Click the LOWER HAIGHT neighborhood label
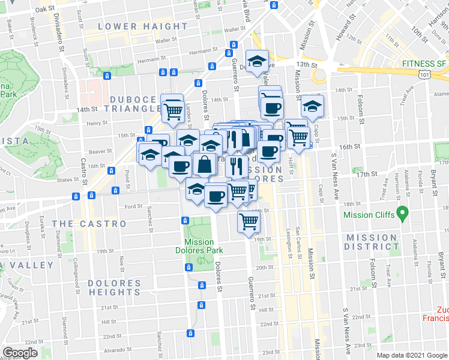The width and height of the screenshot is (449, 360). click(142, 26)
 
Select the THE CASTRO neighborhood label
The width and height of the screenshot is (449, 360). click(89, 224)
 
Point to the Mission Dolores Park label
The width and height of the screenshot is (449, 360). click(199, 246)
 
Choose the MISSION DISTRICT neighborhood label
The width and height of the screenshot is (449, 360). click(371, 242)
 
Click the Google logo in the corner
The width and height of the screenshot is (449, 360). click(20, 353)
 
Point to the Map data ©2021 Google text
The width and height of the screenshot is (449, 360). click(411, 355)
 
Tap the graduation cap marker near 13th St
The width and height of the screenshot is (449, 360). click(257, 61)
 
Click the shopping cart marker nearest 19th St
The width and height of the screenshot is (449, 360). click(249, 221)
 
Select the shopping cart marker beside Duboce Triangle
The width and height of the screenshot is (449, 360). click(173, 108)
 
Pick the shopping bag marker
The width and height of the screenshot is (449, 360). click(205, 163)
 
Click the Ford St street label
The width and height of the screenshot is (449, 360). click(133, 206)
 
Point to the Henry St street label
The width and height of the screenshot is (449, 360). click(96, 123)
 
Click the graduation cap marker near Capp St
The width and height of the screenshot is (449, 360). click(312, 106)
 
